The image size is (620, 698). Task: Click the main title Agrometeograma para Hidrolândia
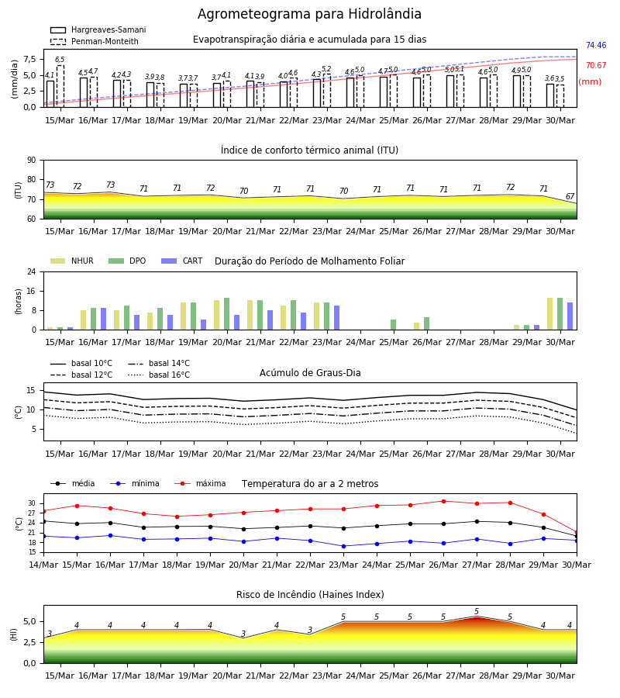(309, 14)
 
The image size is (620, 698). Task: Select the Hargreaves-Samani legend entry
(98, 29)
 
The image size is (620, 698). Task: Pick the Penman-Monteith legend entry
(95, 41)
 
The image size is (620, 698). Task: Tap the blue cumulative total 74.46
(596, 46)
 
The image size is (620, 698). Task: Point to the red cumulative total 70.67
(596, 65)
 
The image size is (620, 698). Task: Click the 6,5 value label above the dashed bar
(60, 60)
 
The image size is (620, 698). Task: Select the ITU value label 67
(570, 196)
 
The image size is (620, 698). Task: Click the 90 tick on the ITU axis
(32, 161)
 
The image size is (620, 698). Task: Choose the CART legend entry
(182, 261)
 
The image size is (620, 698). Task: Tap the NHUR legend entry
(72, 261)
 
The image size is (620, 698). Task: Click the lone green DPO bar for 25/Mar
(393, 325)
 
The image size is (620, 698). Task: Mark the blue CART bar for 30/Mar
(570, 316)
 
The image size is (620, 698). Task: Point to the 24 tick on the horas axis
(32, 271)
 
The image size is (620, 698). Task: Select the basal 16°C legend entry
(159, 375)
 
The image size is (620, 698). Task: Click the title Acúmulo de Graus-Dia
(310, 373)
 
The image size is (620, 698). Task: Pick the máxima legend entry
(200, 483)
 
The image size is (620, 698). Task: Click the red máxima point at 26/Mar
(443, 501)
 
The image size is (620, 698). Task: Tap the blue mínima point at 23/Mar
(343, 546)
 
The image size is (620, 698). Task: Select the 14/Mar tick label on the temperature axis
(43, 565)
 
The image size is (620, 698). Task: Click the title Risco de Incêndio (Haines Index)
(310, 595)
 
